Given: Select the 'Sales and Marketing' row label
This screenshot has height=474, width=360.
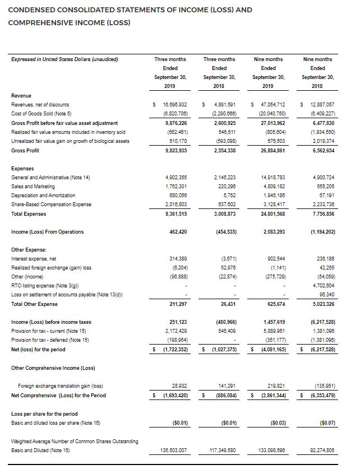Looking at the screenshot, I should tap(34, 187).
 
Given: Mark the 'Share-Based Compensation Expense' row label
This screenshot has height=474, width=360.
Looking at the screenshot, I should tap(52, 205).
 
